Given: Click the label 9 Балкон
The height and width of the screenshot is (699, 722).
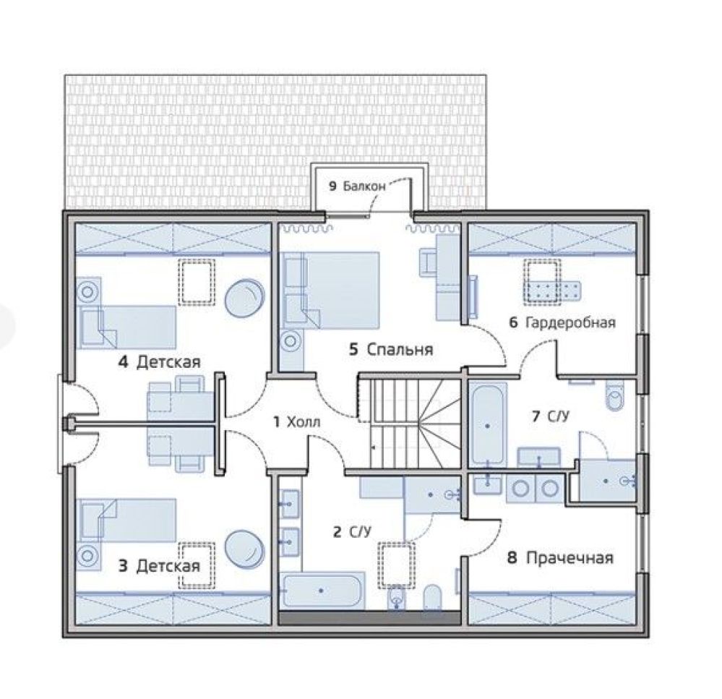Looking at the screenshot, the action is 357,186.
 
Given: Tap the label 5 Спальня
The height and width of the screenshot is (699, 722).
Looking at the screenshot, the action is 391,349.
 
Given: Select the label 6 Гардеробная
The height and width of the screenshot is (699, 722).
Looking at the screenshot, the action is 562,322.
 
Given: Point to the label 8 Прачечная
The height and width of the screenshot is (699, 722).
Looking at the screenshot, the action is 560,558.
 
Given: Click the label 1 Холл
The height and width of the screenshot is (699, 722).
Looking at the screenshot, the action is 296,421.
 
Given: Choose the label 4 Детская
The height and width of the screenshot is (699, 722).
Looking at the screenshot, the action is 159,362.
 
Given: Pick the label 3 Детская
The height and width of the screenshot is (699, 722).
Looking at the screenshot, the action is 159,565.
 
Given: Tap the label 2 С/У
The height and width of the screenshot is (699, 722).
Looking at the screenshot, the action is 352,532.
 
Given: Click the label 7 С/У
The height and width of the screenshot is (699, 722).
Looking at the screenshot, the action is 550,416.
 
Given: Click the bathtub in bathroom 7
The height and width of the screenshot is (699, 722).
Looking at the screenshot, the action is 488,425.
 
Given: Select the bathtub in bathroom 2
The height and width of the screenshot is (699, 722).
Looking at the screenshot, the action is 322,591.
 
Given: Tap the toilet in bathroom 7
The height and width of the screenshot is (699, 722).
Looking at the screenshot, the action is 614,394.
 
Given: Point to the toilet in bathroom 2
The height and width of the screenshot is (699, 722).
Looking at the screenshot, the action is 432,597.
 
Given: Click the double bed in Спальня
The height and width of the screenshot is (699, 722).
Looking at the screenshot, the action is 330,290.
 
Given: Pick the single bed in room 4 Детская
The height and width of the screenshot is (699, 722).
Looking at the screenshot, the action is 127,327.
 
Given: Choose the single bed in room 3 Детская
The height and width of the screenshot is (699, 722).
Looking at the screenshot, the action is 127,520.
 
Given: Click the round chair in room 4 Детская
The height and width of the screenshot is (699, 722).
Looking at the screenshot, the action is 244,298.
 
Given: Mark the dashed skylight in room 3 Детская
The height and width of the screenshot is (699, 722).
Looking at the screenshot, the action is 197,565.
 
